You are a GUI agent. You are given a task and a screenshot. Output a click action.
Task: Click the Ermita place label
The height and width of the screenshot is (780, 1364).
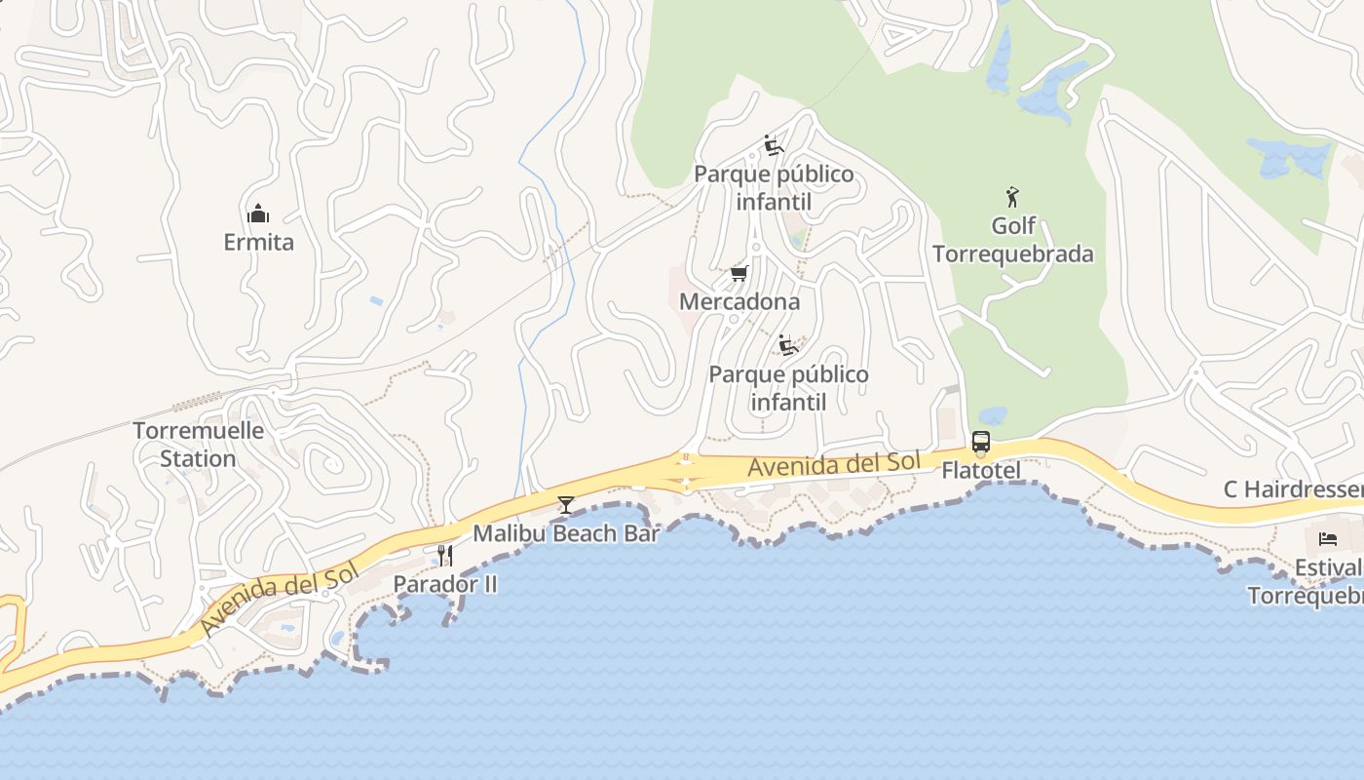click(258, 242)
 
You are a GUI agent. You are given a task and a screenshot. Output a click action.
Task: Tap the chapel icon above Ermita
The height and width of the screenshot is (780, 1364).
click(258, 213)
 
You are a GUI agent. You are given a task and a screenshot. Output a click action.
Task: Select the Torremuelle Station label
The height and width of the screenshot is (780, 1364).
click(198, 445)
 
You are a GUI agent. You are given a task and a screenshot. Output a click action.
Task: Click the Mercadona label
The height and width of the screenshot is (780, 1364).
click(739, 301)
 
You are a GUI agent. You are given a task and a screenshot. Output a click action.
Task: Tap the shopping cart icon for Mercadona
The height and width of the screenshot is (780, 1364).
click(739, 273)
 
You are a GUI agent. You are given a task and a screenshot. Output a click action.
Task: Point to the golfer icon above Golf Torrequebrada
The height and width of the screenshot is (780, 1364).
click(1012, 197)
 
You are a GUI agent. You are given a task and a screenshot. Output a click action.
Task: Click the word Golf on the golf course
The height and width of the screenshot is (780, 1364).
click(1013, 226)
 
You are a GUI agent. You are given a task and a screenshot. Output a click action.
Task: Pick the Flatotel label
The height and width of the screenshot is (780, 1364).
click(981, 471)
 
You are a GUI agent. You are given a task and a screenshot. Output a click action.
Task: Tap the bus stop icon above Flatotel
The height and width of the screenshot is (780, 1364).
click(981, 442)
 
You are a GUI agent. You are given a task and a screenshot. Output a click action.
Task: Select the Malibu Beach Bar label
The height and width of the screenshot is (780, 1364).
click(566, 533)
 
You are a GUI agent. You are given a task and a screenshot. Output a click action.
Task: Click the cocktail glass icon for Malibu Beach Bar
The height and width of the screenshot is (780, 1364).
click(565, 504)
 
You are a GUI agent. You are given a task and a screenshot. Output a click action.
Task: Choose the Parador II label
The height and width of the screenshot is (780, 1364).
click(445, 584)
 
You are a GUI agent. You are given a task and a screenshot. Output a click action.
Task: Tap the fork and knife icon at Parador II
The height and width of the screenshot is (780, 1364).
click(445, 556)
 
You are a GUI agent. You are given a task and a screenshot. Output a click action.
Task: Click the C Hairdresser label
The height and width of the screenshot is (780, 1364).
click(1293, 489)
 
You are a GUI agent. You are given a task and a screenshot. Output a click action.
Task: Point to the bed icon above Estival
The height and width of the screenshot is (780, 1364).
click(1328, 538)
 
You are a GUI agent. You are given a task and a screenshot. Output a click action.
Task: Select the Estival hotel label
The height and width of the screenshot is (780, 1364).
click(1327, 567)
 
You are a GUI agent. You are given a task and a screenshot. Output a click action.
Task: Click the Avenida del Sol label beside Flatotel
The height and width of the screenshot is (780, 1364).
click(833, 465)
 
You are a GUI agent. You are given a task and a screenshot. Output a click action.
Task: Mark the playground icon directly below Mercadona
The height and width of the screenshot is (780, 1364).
click(788, 345)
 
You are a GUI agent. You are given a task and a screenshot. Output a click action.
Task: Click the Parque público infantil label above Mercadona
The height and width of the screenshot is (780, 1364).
click(774, 188)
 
